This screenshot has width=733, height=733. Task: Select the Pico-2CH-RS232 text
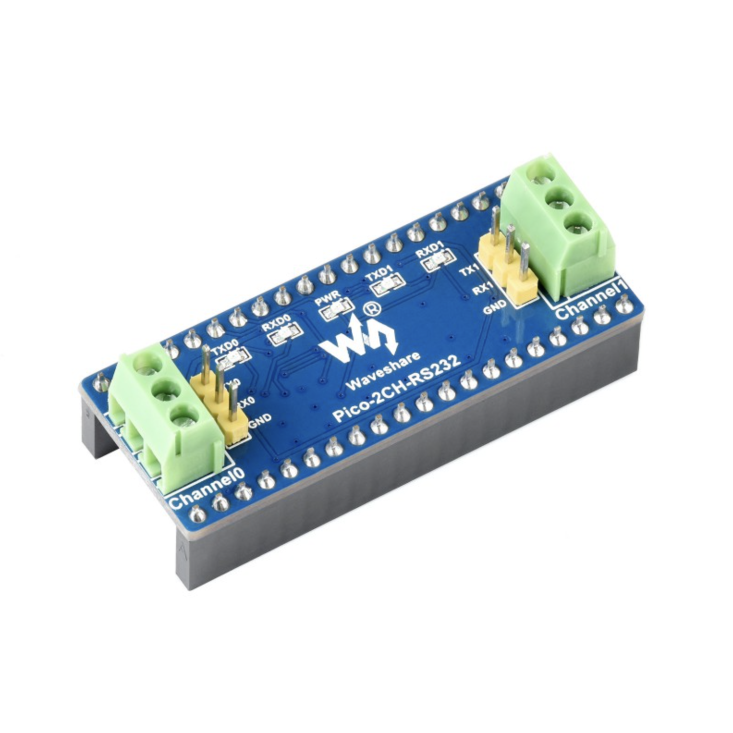pos(396,388)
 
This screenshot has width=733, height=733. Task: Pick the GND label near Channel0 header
pos(259,423)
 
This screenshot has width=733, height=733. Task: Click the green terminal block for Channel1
pos(562,225)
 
